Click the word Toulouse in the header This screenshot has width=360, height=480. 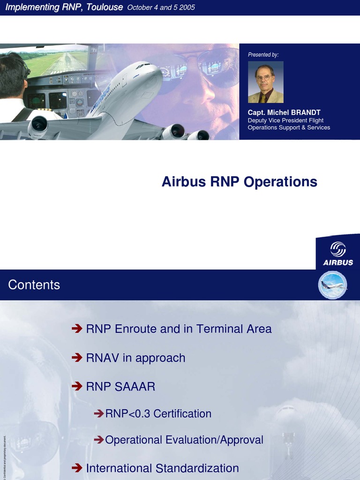[x=105, y=7]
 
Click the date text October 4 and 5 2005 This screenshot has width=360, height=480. [x=161, y=7]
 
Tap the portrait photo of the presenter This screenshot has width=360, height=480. [x=265, y=82]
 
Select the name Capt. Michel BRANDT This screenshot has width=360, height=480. [x=284, y=112]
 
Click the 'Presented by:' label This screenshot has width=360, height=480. [x=263, y=55]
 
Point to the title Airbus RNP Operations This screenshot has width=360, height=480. [x=239, y=182]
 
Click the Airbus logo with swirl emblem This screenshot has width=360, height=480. [x=338, y=254]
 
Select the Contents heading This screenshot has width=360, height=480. [x=34, y=285]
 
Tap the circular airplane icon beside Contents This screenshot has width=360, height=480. [x=332, y=285]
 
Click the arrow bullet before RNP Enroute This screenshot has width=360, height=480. [x=77, y=329]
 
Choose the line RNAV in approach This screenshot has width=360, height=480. [x=135, y=358]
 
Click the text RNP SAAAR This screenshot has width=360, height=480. [x=120, y=387]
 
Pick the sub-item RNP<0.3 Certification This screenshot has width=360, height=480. [x=158, y=414]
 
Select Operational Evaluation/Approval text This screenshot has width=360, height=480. [x=184, y=440]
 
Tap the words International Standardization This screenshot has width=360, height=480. [x=162, y=468]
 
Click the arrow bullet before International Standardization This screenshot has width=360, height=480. [x=77, y=468]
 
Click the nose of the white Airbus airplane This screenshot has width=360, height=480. [x=155, y=68]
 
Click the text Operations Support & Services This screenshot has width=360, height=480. [x=289, y=127]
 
